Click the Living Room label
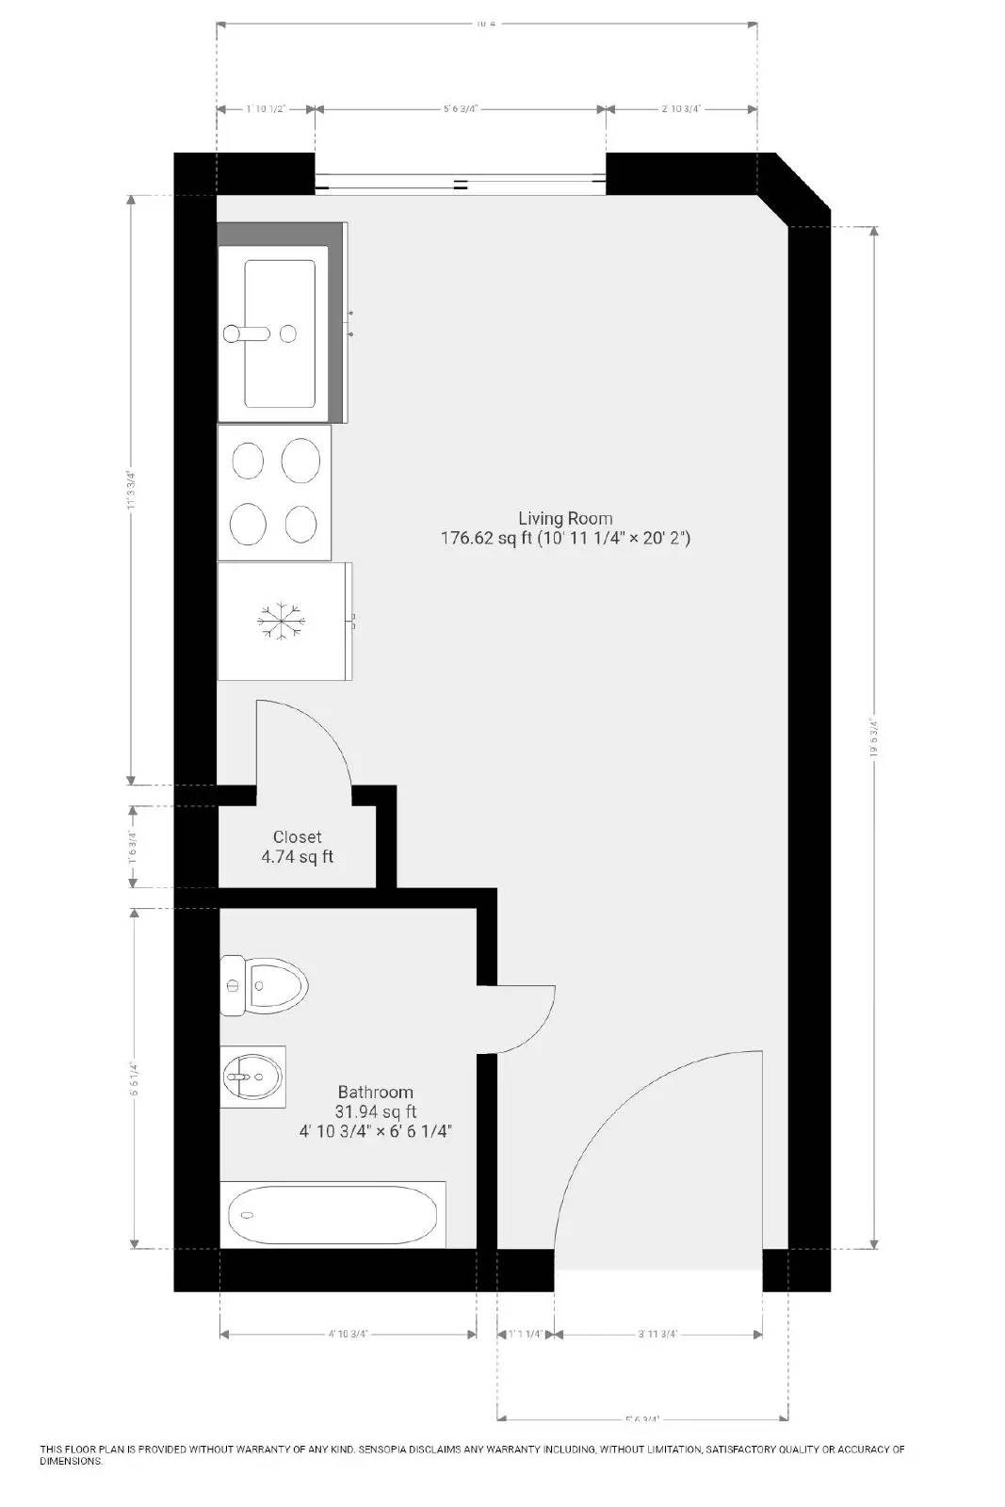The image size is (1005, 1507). tap(565, 518)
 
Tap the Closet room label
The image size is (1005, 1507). tap(297, 836)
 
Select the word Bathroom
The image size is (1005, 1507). tap(375, 1092)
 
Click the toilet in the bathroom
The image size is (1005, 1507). tap(266, 985)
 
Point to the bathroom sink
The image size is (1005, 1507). tap(252, 1075)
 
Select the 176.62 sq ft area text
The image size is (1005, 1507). tap(486, 539)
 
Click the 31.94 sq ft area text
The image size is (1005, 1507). tap(376, 1111)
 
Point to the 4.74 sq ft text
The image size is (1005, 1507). tap(297, 857)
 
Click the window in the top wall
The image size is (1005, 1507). tap(460, 185)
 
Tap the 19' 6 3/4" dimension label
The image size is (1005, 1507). tap(874, 738)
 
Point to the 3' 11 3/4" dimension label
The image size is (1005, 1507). tap(657, 1334)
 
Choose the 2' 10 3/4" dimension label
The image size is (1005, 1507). tap(680, 109)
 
